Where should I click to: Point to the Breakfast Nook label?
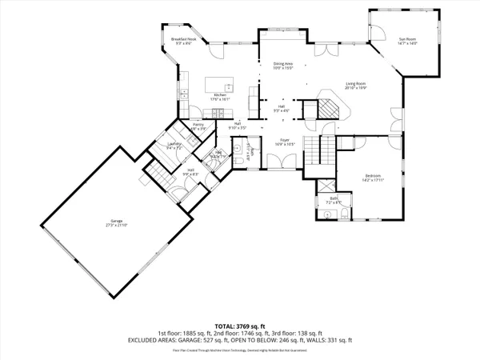[183, 39]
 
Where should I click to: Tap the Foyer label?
[284, 139]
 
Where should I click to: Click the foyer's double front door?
[280, 161]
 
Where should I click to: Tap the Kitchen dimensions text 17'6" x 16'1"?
[220, 99]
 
